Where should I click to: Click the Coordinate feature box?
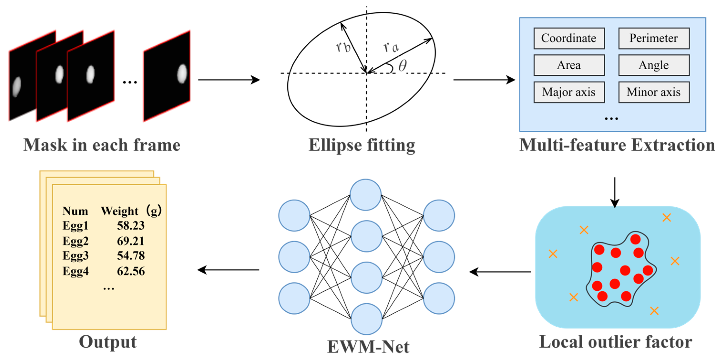pos(569,38)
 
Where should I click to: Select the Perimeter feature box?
pos(654,38)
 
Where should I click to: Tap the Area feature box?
pos(569,65)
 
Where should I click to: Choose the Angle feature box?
pos(654,65)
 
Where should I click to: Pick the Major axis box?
pos(569,92)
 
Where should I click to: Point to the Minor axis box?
pos(654,92)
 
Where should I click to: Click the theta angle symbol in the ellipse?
pos(402,66)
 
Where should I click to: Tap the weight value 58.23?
pos(131,226)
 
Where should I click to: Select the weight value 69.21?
pos(131,241)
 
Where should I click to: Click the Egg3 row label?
pos(75,256)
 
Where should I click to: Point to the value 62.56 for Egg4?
pos(131,271)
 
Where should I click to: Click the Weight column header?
pos(120,211)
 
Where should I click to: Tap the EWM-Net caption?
pos(368,347)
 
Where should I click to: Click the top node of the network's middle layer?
pos(366,195)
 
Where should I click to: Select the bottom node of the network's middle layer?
pos(366,319)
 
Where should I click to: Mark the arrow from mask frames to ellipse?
pos(229,80)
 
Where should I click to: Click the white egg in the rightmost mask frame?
pos(182,74)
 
